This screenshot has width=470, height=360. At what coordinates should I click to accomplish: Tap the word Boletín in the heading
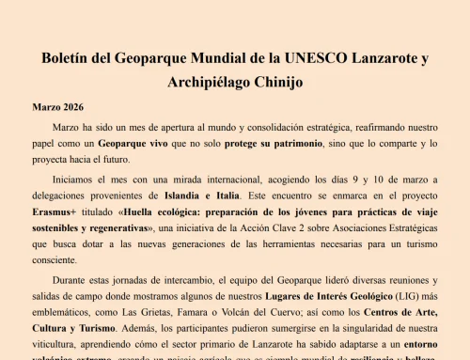70,58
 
